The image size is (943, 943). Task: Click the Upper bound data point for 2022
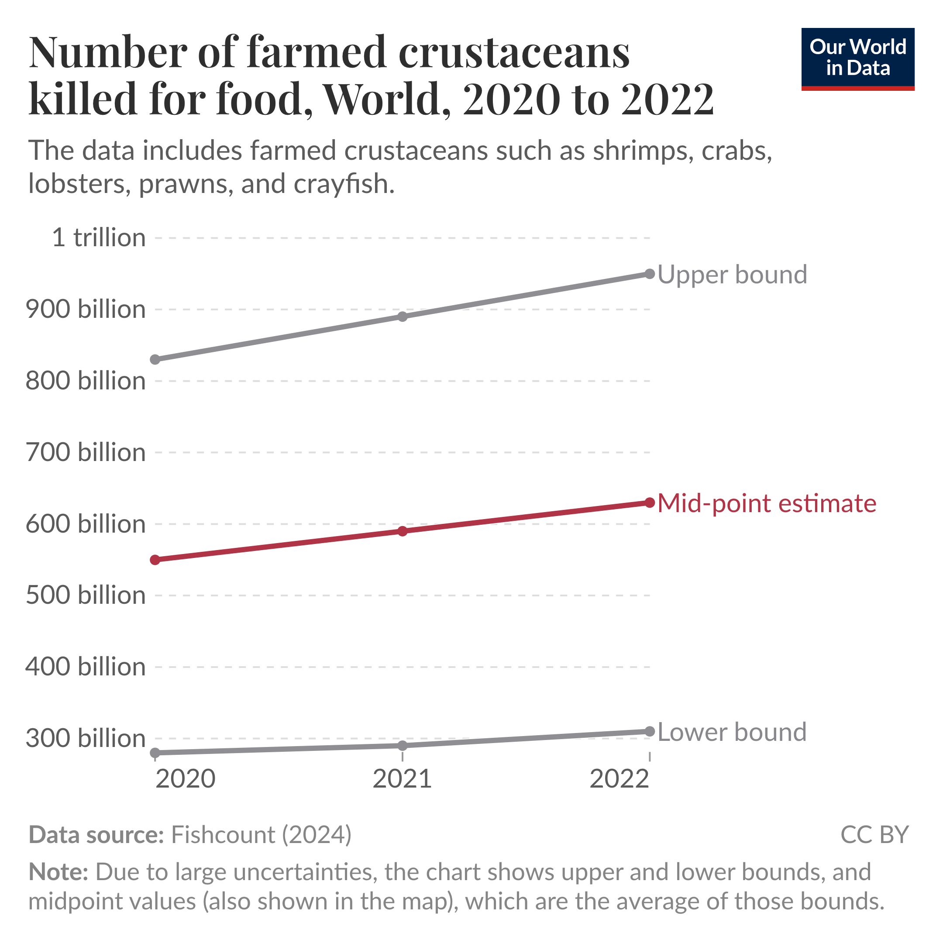pos(650,274)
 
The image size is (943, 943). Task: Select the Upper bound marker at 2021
pos(402,317)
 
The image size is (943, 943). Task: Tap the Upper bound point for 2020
pos(155,360)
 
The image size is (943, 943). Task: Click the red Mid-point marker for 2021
pos(402,531)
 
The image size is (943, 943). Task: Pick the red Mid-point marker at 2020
pos(155,560)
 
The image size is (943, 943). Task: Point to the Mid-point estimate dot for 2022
pos(650,503)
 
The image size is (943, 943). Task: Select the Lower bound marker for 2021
pos(402,745)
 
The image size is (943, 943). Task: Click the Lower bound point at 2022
pos(650,731)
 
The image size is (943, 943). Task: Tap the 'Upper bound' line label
pos(732,274)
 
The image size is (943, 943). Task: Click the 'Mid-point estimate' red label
pos(767,503)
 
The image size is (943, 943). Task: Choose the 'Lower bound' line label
pos(732,732)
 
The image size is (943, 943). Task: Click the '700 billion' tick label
pos(86,452)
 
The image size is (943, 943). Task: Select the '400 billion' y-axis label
pos(86,667)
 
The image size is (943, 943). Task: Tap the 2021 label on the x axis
pos(402,778)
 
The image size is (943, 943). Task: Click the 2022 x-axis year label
pos(619,778)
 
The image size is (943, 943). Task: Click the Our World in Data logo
pos(857,59)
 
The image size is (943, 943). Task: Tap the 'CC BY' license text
pos(874,835)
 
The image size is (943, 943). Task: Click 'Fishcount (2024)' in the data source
pos(261,835)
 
